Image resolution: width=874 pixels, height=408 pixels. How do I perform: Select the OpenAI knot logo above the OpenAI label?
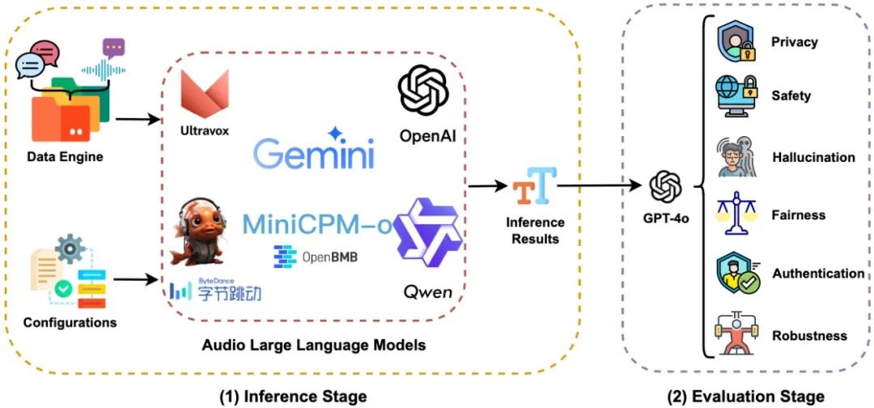click(423, 90)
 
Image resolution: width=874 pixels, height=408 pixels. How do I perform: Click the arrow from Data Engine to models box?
click(137, 119)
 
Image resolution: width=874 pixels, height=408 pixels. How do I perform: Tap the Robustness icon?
click(737, 334)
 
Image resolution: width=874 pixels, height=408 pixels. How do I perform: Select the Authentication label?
click(817, 274)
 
